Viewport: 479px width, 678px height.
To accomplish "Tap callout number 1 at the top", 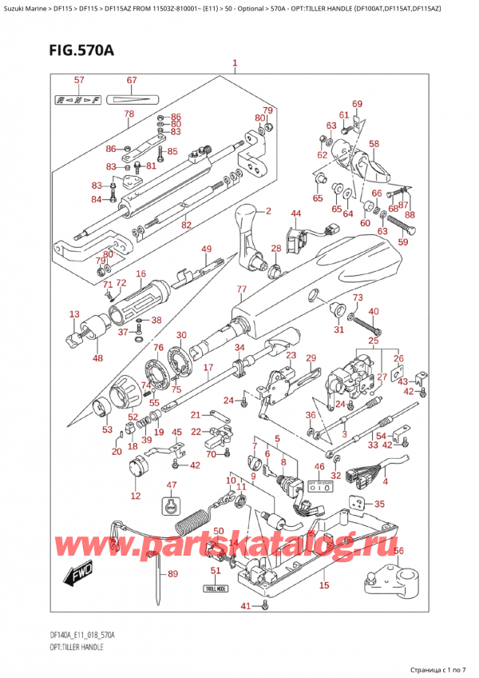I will tap(235, 63).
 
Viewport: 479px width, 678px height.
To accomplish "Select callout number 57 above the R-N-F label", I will tap(79, 80).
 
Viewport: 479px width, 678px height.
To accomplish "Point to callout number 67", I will tap(132, 80).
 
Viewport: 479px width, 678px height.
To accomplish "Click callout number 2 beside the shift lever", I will tap(268, 212).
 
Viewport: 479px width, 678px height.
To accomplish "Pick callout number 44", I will tap(295, 213).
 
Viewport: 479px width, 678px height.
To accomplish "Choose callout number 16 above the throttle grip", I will tap(141, 274).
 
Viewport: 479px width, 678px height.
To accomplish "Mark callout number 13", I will tap(74, 314).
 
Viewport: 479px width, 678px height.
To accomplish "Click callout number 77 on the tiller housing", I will tap(240, 289).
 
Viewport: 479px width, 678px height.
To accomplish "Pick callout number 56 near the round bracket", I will tap(399, 550).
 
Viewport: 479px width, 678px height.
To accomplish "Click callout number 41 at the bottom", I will tap(246, 605).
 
